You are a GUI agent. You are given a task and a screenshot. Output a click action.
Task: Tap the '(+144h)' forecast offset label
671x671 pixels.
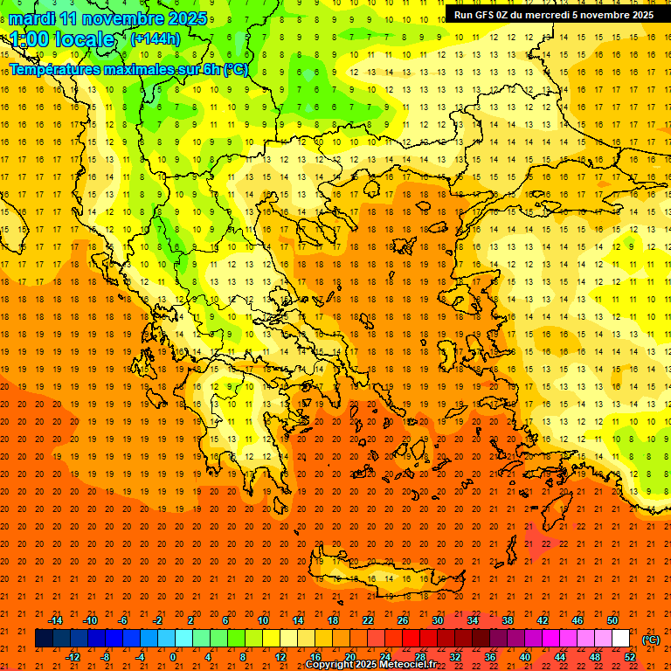click(x=155, y=38)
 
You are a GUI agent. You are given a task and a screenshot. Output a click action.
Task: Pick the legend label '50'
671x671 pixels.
click(x=613, y=619)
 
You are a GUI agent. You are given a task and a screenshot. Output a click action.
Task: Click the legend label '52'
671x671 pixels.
click(x=631, y=657)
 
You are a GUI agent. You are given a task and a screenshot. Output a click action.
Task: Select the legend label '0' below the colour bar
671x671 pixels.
click(x=173, y=657)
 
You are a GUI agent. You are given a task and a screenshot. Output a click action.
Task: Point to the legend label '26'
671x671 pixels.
click(x=403, y=619)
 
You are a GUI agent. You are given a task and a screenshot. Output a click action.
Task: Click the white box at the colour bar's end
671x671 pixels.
click(x=621, y=639)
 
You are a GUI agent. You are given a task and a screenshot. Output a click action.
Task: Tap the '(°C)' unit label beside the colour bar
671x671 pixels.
click(x=651, y=640)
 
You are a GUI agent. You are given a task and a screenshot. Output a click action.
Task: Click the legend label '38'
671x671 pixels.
click(x=508, y=619)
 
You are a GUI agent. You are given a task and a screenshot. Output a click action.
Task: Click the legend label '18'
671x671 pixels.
click(x=333, y=619)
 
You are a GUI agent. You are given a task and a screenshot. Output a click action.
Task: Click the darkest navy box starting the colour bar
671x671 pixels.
click(x=44, y=639)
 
